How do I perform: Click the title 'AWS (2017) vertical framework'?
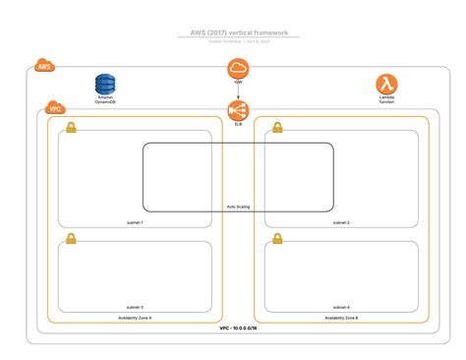pyautogui.click(x=233, y=31)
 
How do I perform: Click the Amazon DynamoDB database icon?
pyautogui.click(x=105, y=85)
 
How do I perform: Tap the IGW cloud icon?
pyautogui.click(x=238, y=69)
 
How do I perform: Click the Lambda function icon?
pyautogui.click(x=386, y=85)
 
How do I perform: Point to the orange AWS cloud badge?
pyautogui.click(x=44, y=66)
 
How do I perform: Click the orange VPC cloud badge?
pyautogui.click(x=54, y=109)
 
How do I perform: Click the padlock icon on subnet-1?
pyautogui.click(x=71, y=128)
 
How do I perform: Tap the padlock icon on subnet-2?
pyautogui.click(x=278, y=128)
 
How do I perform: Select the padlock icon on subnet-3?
pyautogui.click(x=71, y=239)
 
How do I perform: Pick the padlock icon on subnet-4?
pyautogui.click(x=278, y=239)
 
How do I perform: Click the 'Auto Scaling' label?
pyautogui.click(x=238, y=207)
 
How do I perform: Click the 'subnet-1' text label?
pyautogui.click(x=135, y=223)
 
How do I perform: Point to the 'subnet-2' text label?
pyautogui.click(x=341, y=223)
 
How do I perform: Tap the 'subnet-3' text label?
pyautogui.click(x=135, y=307)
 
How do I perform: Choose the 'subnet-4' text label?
pyautogui.click(x=341, y=307)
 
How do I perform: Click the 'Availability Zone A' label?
pyautogui.click(x=135, y=319)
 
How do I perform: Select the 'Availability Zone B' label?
pyautogui.click(x=341, y=319)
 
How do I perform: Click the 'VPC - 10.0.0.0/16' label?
pyautogui.click(x=238, y=330)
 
